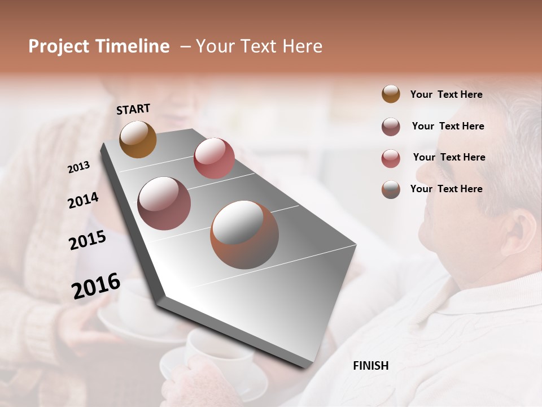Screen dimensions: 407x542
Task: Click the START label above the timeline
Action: click(133, 109)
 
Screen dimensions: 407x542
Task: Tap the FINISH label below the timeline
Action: click(370, 366)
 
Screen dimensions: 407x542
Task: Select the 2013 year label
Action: click(79, 167)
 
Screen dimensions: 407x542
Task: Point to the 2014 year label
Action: click(83, 200)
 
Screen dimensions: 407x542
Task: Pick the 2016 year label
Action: click(96, 285)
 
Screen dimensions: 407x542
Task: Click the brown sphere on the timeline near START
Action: click(138, 139)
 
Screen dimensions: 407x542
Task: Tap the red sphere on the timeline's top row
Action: click(214, 158)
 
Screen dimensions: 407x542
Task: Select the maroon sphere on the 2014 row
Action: click(164, 203)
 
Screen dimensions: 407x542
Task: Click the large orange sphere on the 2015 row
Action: click(244, 235)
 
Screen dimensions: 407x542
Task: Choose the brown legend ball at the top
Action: click(391, 94)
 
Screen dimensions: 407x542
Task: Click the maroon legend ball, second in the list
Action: click(391, 127)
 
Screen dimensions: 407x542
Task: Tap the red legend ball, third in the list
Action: click(391, 158)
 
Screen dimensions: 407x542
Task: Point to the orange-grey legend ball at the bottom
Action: click(391, 189)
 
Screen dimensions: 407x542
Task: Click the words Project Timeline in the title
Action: click(99, 46)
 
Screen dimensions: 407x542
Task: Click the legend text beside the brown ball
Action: click(446, 94)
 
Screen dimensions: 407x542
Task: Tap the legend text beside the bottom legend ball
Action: click(446, 189)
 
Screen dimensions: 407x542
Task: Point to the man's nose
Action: click(427, 172)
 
